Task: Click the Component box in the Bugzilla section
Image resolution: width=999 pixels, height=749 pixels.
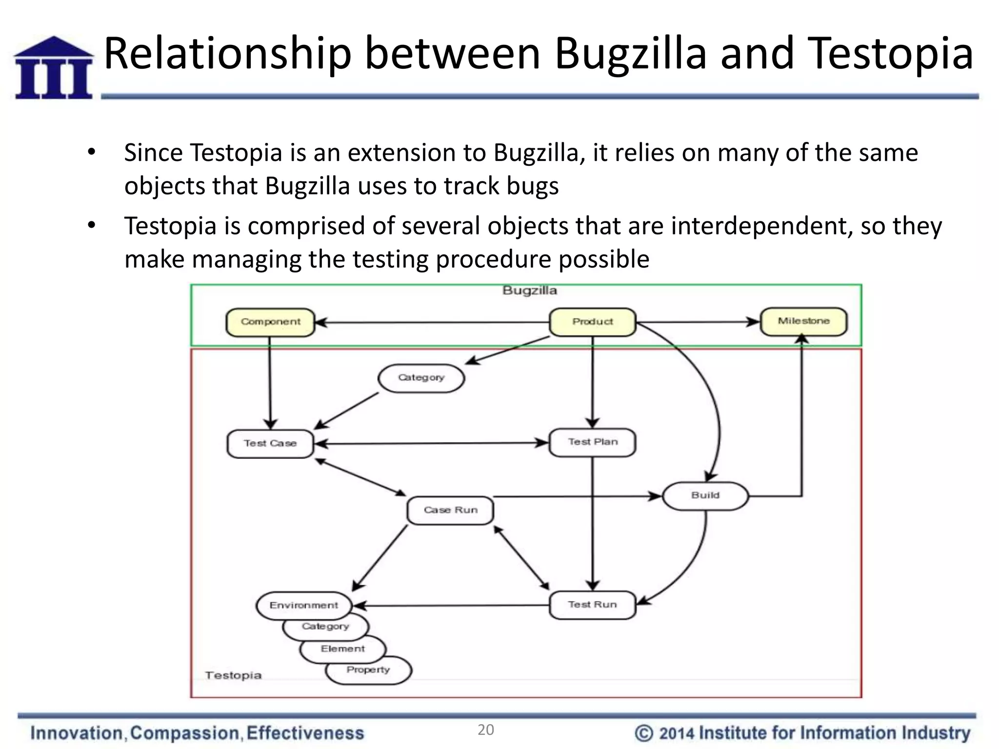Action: [270, 322]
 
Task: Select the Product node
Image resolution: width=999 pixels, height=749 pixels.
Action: [592, 322]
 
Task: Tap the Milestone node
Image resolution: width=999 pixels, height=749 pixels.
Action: [803, 321]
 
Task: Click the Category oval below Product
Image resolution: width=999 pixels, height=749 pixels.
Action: [421, 377]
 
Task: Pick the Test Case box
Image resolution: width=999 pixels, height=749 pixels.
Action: [270, 443]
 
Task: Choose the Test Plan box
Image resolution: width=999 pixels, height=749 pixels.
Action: [592, 442]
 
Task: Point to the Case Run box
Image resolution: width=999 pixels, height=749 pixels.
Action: [450, 510]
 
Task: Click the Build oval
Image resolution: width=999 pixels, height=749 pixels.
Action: [705, 495]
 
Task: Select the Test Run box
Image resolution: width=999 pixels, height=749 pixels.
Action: [592, 605]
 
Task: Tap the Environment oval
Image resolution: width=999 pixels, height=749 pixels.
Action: [303, 605]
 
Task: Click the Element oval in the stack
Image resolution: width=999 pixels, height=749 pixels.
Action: [342, 649]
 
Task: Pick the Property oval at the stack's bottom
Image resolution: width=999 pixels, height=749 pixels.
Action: [368, 670]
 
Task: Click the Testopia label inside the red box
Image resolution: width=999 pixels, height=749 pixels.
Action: [233, 675]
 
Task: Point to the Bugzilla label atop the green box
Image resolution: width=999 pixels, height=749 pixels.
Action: [529, 291]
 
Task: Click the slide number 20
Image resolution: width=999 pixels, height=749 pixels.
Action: [485, 730]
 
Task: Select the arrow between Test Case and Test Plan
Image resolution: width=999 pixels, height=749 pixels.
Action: [431, 443]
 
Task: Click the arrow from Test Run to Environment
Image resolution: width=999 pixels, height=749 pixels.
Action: [451, 606]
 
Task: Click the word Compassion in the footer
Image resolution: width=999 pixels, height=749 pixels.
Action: [185, 733]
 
